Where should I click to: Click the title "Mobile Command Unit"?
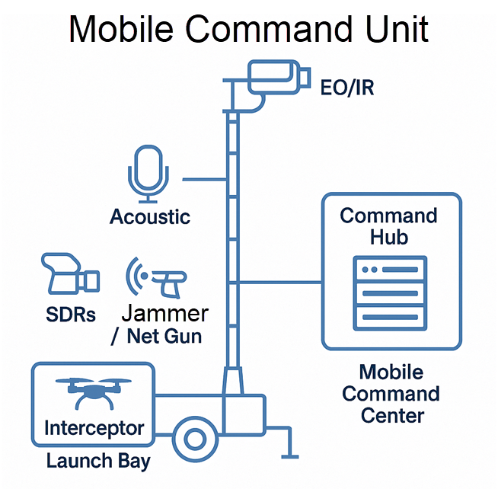click(249, 29)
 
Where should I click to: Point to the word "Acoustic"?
click(150, 217)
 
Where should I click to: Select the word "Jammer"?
click(165, 313)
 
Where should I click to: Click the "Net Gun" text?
click(165, 335)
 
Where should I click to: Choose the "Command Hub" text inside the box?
click(389, 226)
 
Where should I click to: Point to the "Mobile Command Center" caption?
click(391, 394)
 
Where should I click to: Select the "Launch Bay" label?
click(98, 461)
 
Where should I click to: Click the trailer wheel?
click(195, 439)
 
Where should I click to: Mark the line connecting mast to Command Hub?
click(281, 282)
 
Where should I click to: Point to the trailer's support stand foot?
click(289, 456)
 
